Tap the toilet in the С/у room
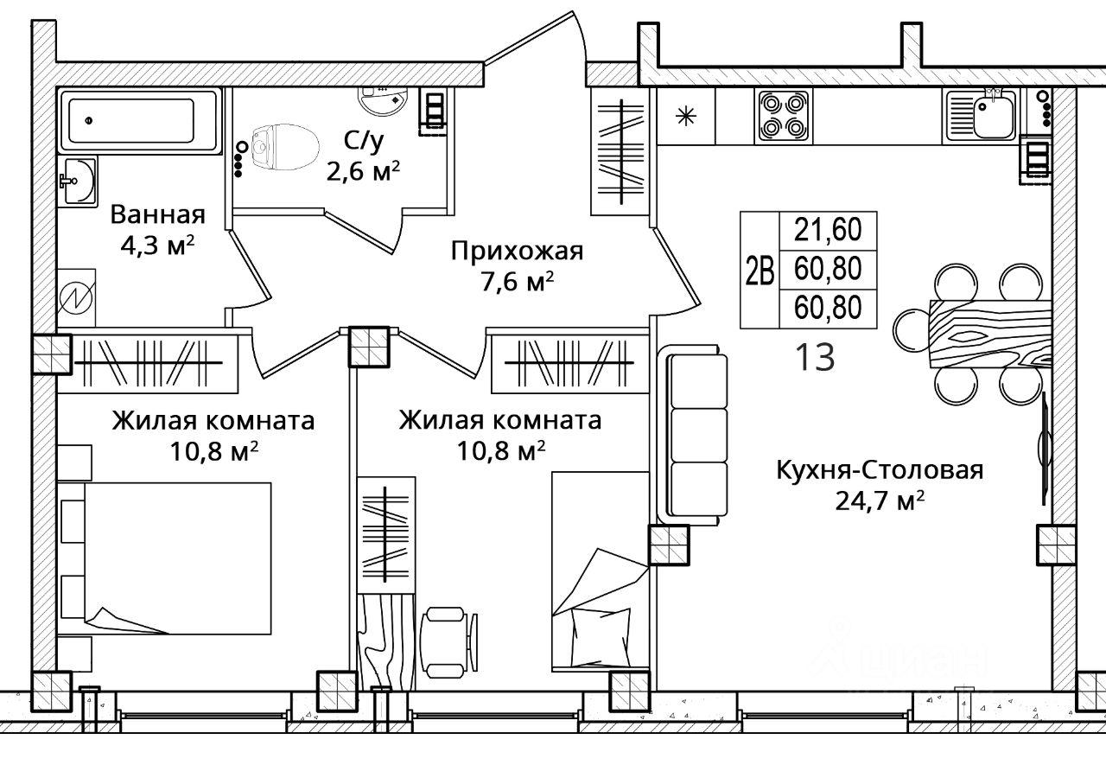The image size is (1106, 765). coord(284,147)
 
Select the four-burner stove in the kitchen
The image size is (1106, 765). coord(783,117)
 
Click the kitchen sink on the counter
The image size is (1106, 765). coord(979,117)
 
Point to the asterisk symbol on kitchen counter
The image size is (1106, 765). coord(686,117)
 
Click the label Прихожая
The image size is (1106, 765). coord(517,252)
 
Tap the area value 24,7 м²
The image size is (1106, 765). coord(880,500)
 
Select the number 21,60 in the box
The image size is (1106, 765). coord(828,230)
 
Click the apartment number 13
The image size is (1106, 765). coord(815,357)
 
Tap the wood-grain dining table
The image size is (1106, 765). coord(990,334)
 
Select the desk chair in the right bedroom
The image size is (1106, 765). coord(448,642)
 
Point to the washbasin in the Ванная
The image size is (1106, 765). coord(78,181)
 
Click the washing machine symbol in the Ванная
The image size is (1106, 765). coord(76,298)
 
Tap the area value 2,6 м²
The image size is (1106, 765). coord(363,172)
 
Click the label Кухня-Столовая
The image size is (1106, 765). coord(880,470)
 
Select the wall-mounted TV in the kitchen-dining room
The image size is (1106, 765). coord(1045,449)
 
